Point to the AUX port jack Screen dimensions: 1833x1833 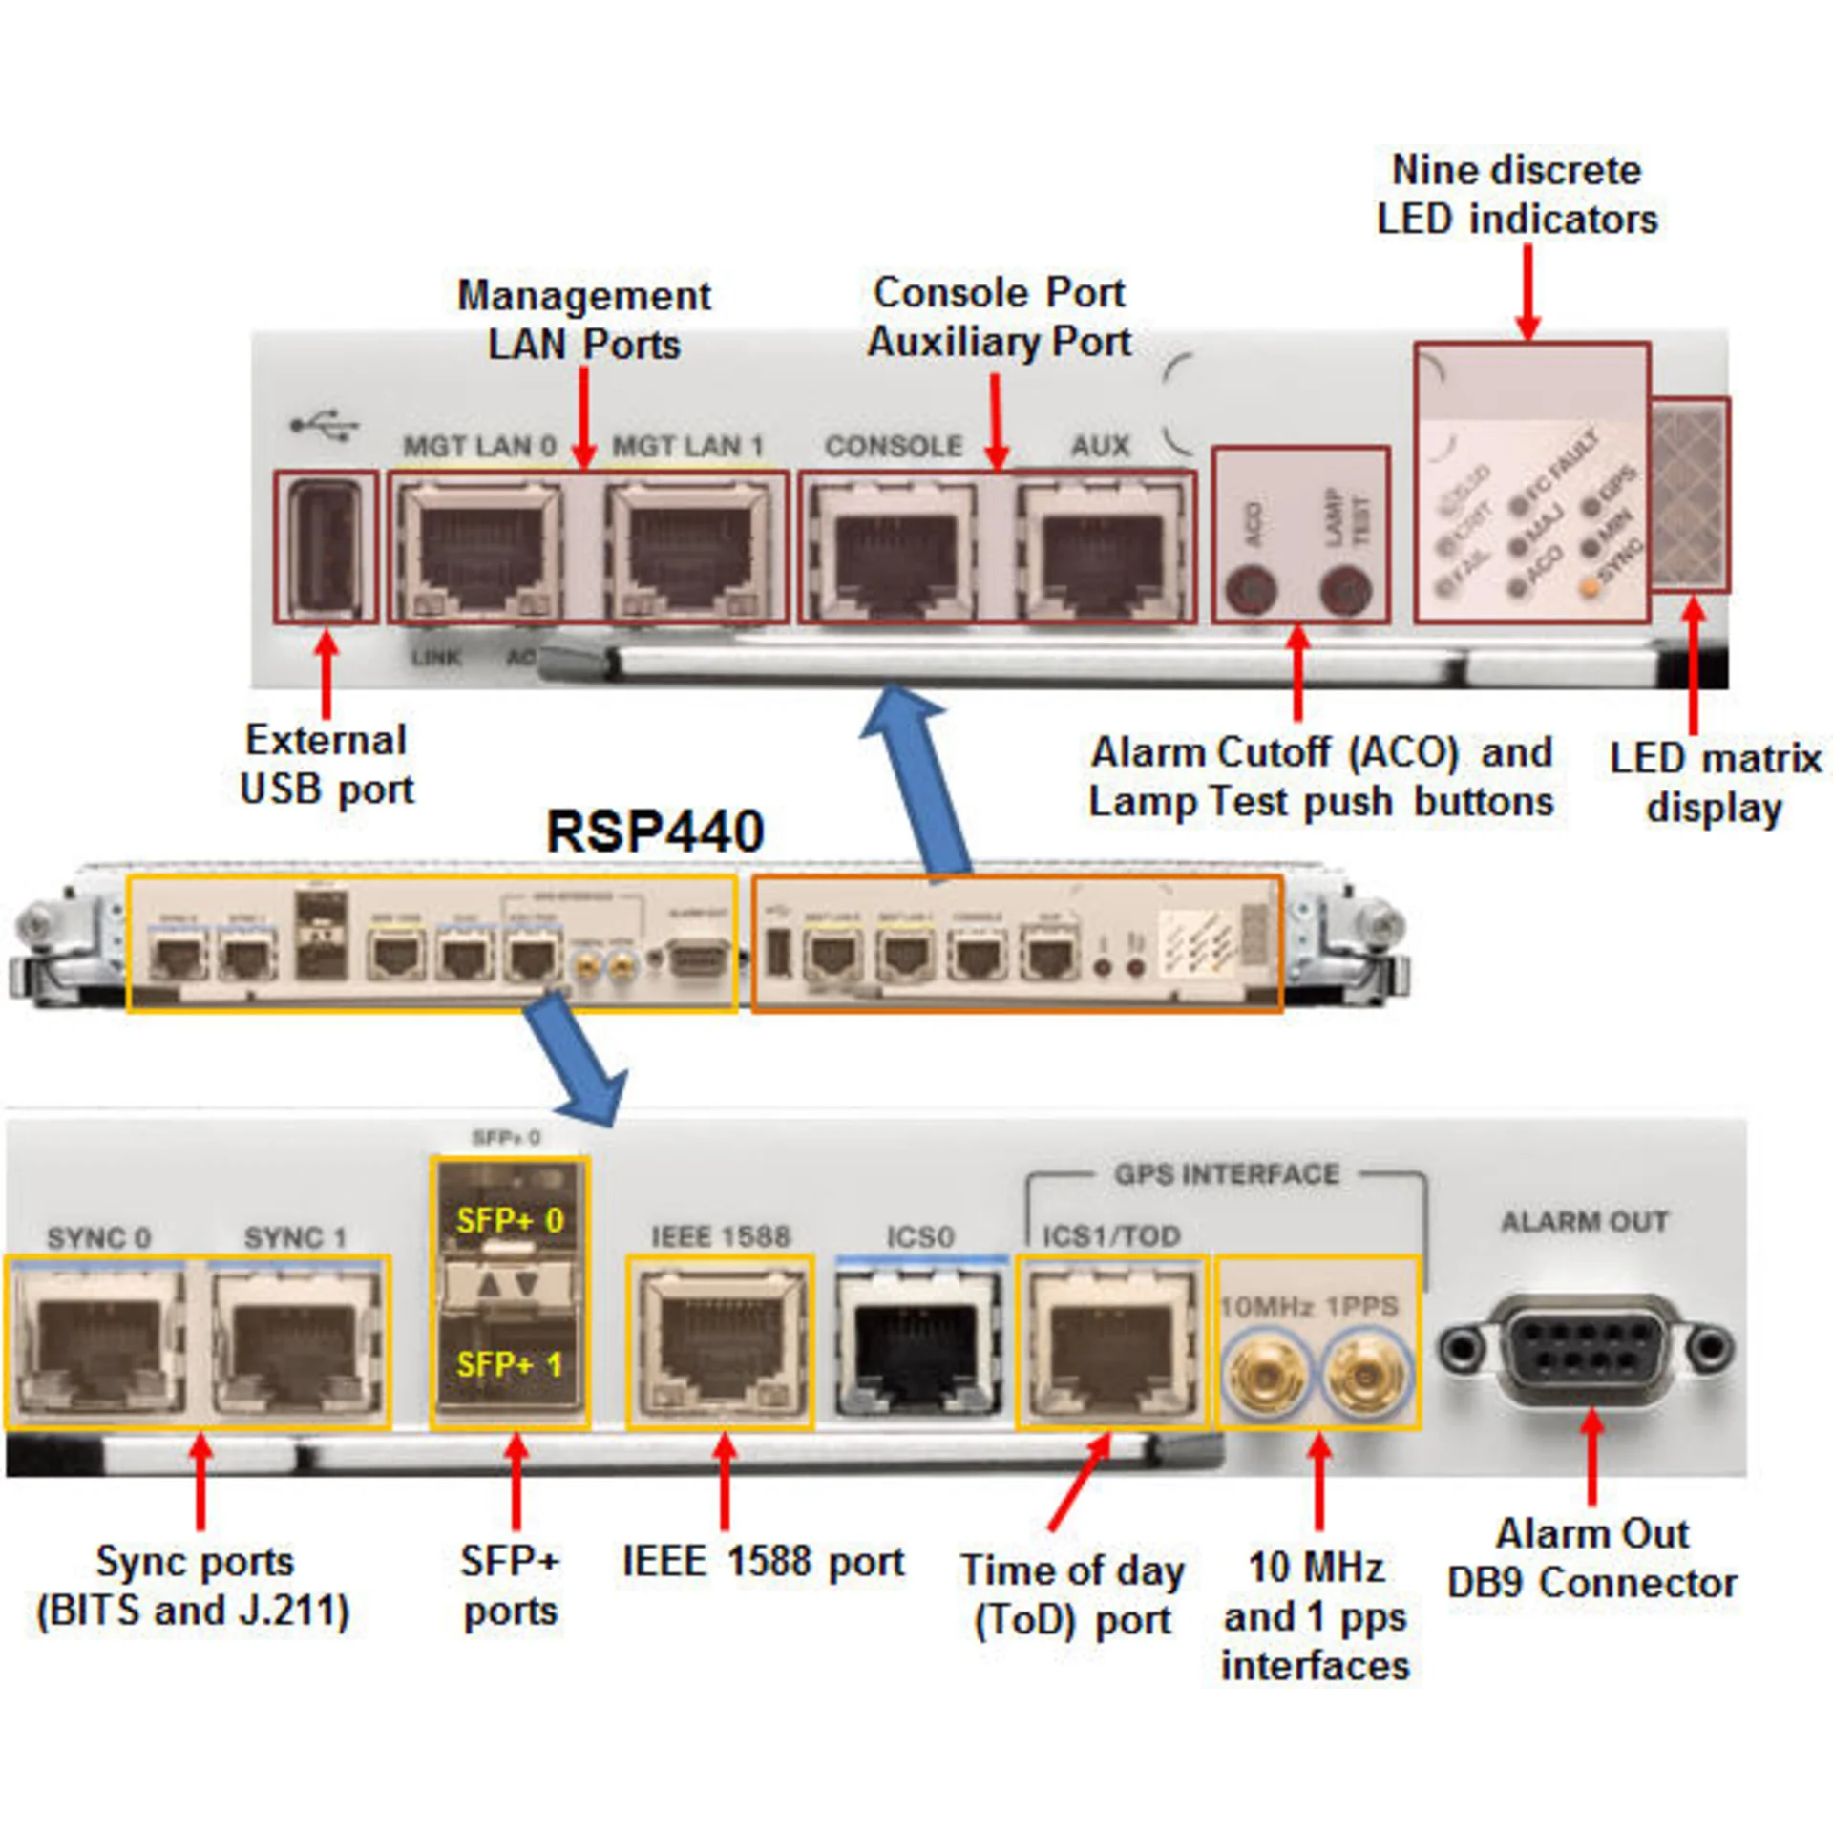[1100, 552]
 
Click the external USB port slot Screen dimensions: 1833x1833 [327, 548]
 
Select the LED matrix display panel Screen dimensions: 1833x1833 [1690, 495]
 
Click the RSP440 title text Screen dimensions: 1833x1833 [655, 831]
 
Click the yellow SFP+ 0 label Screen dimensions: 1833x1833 [510, 1220]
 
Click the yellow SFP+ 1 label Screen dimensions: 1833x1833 [510, 1363]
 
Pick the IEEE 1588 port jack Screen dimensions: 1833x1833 [721, 1342]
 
